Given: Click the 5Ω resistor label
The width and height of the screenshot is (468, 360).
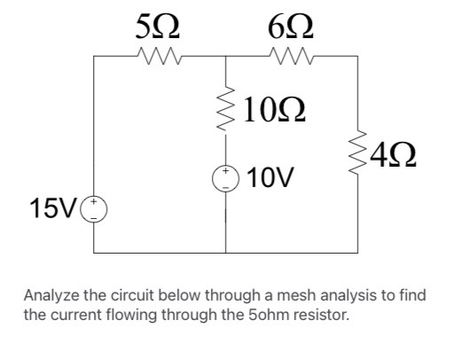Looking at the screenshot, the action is point(158,27).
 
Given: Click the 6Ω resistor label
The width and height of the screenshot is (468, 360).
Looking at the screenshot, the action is point(291,27).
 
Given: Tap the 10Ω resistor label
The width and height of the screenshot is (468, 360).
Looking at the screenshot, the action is point(275,110).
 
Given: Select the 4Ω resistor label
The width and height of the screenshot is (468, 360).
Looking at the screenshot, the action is point(393,155).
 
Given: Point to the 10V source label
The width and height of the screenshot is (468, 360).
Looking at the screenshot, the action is point(270,177).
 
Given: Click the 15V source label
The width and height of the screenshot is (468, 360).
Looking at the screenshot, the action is point(53,208).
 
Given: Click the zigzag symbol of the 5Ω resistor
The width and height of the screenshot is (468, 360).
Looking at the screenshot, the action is point(160,56).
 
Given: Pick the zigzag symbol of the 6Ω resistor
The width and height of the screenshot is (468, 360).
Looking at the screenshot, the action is point(292,56).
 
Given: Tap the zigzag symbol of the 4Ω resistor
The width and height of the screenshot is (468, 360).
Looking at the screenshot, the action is point(358,153).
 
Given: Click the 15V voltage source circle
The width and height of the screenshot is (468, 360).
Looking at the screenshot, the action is point(94,210).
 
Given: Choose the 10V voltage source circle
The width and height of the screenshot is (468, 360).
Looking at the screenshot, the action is point(226,178).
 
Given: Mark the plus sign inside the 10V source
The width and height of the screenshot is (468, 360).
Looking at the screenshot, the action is point(226,171).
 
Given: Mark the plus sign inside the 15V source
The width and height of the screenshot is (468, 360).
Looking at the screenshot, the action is point(94,202).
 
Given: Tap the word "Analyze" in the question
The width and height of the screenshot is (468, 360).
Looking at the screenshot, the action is point(51,296).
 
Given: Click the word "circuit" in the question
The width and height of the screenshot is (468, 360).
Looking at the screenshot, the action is point(132,295).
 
